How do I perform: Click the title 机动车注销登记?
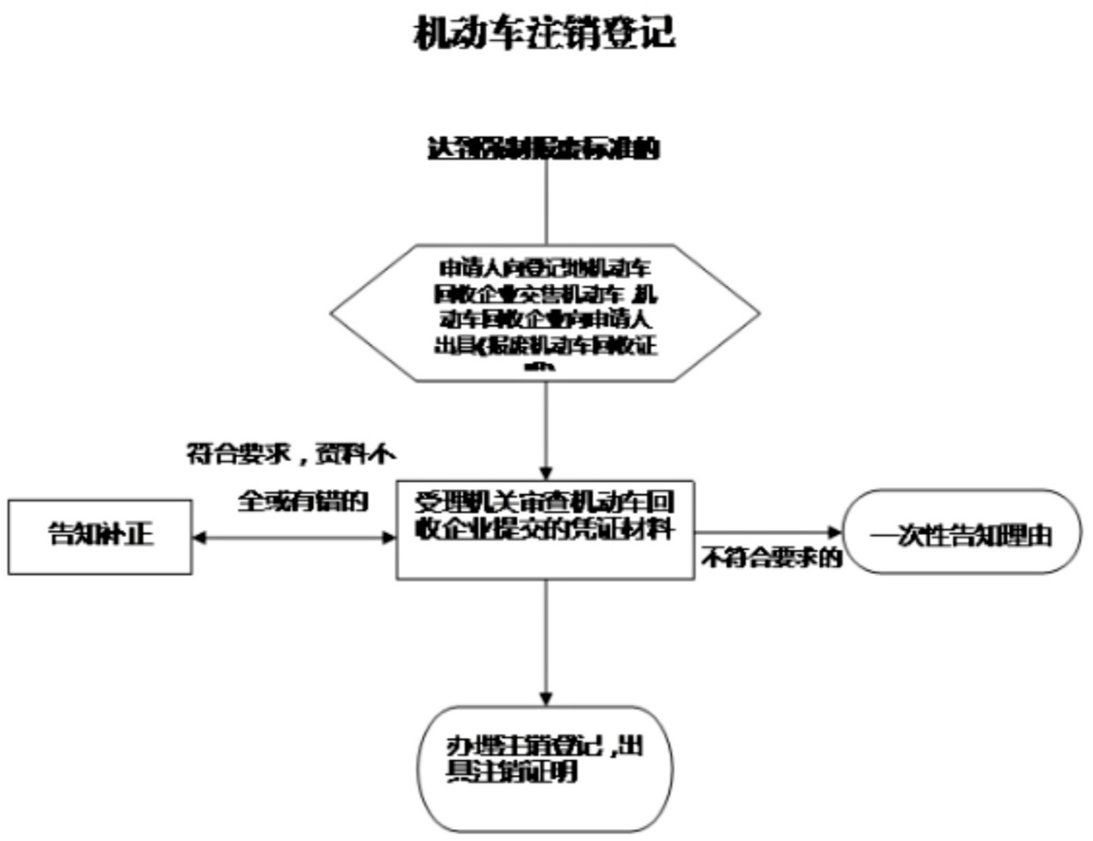click(x=544, y=34)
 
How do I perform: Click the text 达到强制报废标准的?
click(x=544, y=149)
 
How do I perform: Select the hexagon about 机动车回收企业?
click(x=544, y=313)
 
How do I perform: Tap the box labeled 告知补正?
click(x=100, y=537)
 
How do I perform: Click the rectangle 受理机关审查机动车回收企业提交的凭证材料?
click(x=544, y=529)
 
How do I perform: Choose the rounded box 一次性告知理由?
click(x=961, y=533)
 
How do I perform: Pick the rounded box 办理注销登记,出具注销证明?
click(x=545, y=768)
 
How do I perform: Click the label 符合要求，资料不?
click(x=290, y=454)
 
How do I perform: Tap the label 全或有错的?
click(x=302, y=501)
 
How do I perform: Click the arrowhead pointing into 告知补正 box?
click(x=200, y=538)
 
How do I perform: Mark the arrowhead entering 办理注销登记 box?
click(x=545, y=699)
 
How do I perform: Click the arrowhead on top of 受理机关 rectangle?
click(x=545, y=473)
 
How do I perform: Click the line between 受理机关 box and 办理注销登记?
click(x=545, y=637)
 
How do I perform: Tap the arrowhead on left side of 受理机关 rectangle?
click(x=390, y=538)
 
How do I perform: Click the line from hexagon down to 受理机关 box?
click(x=545, y=425)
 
